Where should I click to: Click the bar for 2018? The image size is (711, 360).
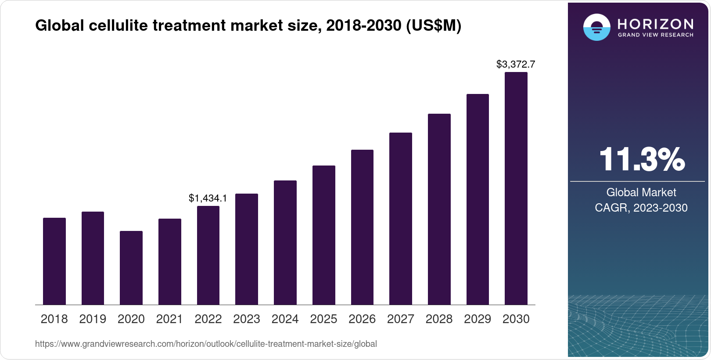coord(54,261)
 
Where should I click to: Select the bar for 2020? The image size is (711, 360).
coord(131,268)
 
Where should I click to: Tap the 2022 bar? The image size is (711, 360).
coord(208,255)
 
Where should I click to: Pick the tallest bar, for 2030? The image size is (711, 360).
coord(516,188)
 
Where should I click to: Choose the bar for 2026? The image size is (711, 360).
coord(362,227)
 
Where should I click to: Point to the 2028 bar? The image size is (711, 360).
coord(439,209)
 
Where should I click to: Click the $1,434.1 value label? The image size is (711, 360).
coord(208,198)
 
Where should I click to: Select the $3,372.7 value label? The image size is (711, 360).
coord(516,65)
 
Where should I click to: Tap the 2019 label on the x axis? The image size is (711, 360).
coord(93,319)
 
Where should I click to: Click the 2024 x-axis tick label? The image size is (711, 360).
coord(285,319)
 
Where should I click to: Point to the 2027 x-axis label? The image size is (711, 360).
coord(400,319)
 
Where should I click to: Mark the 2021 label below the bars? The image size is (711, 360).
coord(169,319)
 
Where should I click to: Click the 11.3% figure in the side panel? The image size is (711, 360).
coord(642,159)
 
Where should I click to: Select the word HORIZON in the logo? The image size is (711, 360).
coord(655,24)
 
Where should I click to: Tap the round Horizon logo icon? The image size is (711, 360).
coord(596,27)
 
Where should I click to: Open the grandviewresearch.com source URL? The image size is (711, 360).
coord(206,344)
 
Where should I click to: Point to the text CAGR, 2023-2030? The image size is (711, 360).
coord(641,208)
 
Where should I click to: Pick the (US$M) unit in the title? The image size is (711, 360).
coord(434,26)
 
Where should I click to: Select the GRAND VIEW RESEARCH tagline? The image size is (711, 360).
coord(655,35)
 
